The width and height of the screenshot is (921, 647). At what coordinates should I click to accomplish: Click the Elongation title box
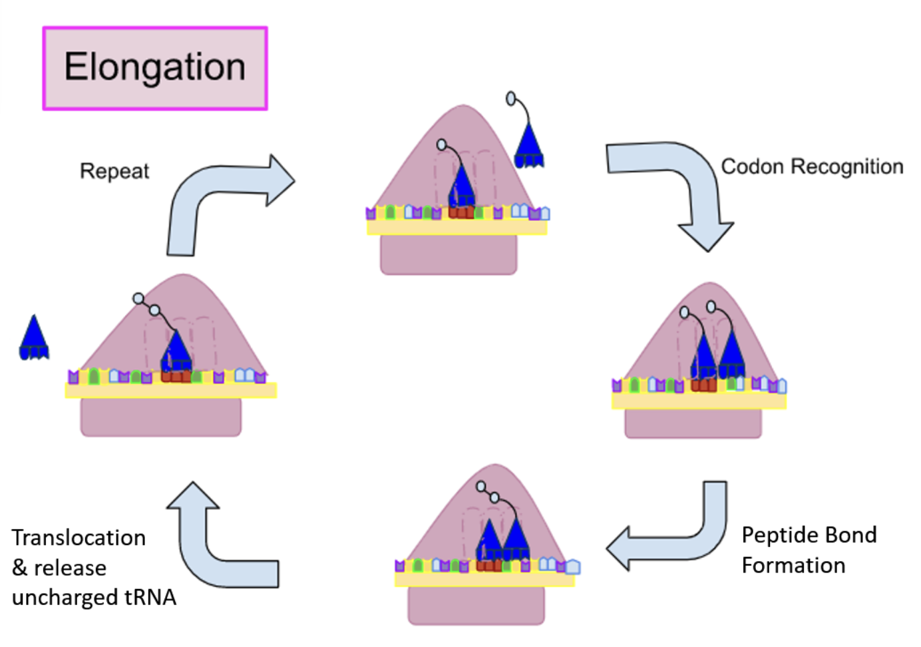pos(155,69)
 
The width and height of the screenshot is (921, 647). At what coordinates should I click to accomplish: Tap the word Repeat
pos(114,172)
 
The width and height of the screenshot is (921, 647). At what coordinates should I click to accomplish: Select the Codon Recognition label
pos(812,166)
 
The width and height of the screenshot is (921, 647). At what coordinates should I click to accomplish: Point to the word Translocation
pos(79,538)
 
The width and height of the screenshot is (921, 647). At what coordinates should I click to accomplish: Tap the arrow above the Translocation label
pos(213,546)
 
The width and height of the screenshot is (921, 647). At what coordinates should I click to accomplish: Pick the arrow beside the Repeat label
pos(220,200)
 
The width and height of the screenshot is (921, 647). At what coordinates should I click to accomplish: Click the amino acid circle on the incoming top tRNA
pos(510,99)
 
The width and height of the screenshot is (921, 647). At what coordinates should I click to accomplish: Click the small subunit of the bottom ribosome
pos(476,605)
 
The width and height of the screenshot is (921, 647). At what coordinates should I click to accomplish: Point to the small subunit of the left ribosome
pos(160,417)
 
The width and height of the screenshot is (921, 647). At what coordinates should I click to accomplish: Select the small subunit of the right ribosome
pos(693,423)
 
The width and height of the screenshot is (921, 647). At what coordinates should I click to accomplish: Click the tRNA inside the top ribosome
pos(461,190)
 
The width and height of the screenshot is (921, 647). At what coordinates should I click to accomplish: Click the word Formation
pos(793,566)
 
